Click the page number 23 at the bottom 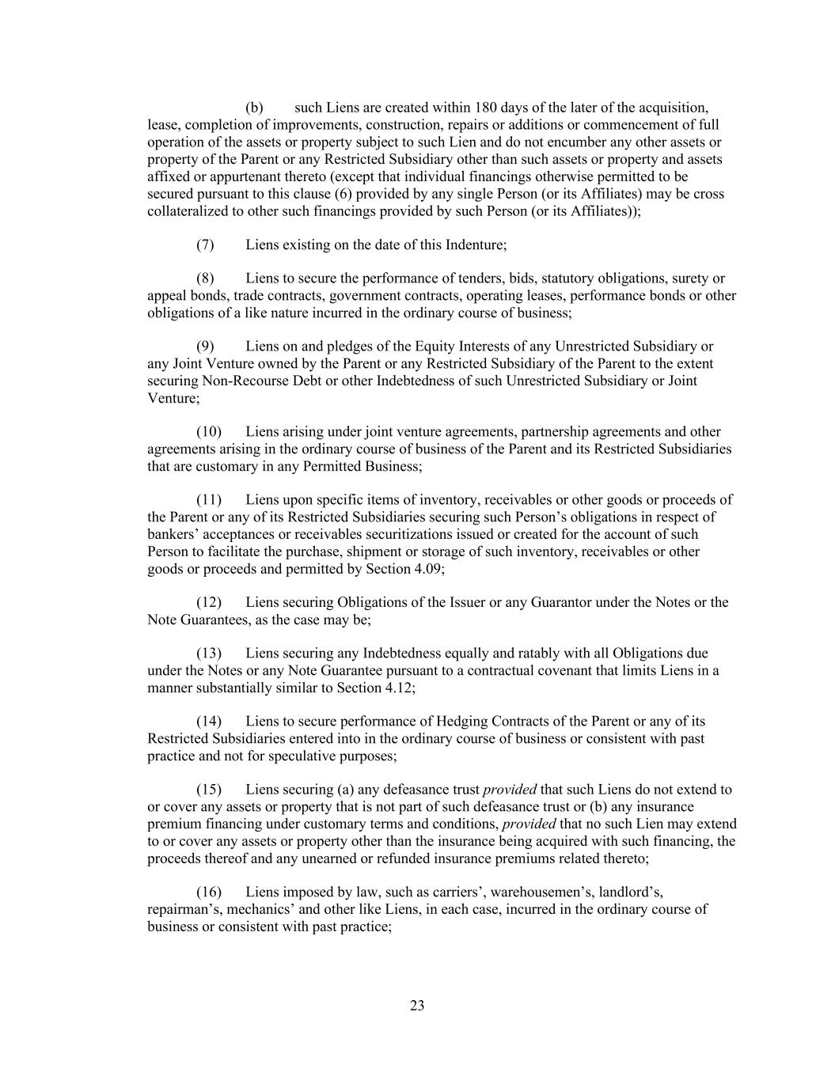(x=417, y=1006)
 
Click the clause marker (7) (x=205, y=244)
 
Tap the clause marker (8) (x=205, y=279)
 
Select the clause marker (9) (x=205, y=347)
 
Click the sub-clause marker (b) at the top (x=254, y=108)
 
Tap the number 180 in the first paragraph (x=485, y=108)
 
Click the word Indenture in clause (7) (x=473, y=244)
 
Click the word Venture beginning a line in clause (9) (x=172, y=398)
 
